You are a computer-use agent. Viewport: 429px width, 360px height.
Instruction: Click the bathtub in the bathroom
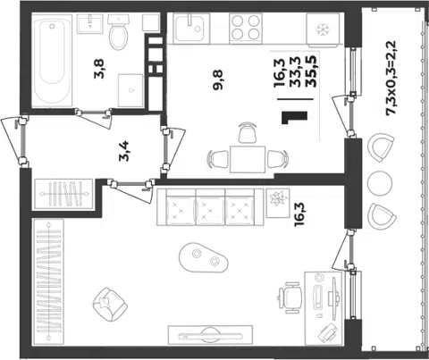[x=52, y=60]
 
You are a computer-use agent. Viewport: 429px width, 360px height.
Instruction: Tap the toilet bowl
[x=118, y=32]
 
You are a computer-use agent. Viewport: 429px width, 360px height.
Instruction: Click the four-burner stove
[x=246, y=28]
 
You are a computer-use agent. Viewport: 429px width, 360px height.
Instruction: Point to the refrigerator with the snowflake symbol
[x=323, y=29]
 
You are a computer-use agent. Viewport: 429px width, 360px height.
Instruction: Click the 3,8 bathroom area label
[x=99, y=69]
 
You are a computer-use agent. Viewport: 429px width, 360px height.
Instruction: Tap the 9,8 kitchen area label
[x=218, y=80]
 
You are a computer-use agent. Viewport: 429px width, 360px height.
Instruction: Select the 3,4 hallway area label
[x=124, y=151]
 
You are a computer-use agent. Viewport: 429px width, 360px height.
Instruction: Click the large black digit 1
[x=294, y=118]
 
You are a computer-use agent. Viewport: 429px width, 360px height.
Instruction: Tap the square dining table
[x=248, y=159]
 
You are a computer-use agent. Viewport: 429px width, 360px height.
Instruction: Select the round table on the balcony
[x=380, y=183]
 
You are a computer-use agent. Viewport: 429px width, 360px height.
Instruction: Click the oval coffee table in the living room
[x=204, y=257]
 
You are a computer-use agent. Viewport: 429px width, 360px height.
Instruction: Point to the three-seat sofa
[x=210, y=206]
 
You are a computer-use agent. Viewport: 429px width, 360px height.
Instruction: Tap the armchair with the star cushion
[x=110, y=304]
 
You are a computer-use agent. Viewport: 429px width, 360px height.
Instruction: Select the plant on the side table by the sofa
[x=278, y=199]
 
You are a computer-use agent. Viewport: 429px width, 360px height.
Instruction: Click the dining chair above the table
[x=248, y=132]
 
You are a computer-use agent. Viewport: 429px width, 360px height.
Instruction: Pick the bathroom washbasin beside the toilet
[x=89, y=24]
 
